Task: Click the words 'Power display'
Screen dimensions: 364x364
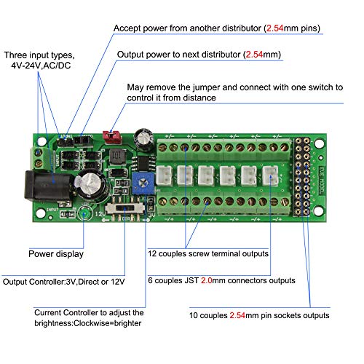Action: coord(55,254)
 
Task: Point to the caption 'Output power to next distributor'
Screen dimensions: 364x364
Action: coord(180,55)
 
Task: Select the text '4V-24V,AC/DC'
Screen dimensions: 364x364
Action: coord(42,66)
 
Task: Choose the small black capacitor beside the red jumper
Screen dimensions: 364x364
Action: coord(147,136)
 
